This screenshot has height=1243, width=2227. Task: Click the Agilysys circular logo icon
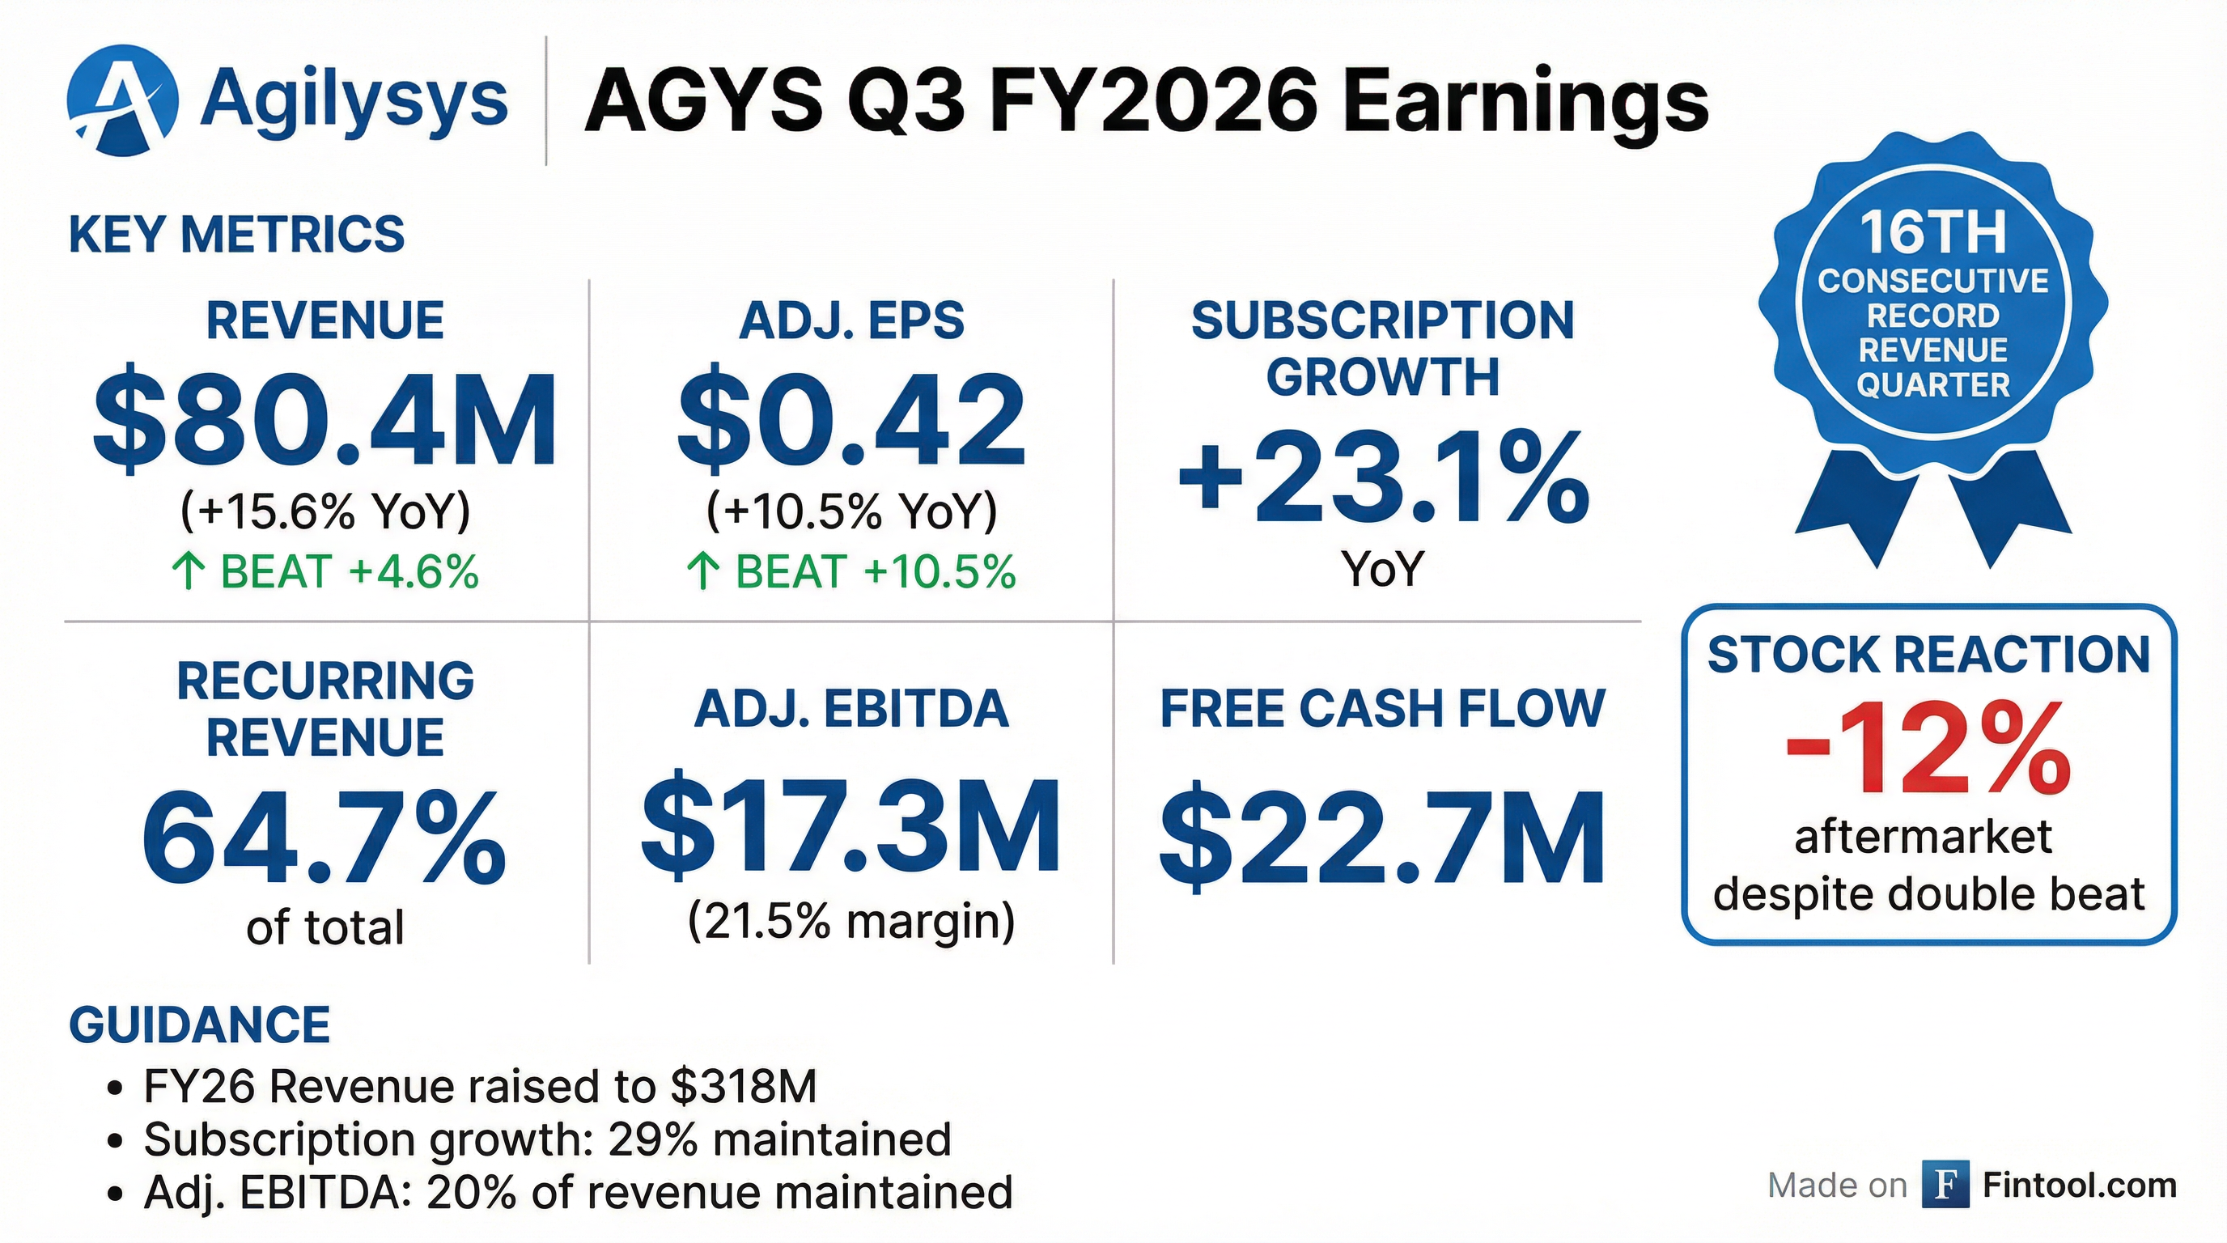click(123, 100)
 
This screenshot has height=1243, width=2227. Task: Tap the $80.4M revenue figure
click(325, 422)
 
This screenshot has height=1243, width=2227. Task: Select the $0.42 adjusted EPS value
click(851, 422)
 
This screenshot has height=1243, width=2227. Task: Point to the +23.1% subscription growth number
click(1382, 478)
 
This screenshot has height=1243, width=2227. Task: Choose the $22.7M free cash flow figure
click(1381, 837)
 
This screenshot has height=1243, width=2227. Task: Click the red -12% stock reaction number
click(1928, 749)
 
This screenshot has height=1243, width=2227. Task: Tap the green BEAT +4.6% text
click(325, 572)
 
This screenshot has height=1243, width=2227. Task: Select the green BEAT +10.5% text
click(851, 572)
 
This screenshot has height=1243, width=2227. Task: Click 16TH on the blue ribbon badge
click(1933, 233)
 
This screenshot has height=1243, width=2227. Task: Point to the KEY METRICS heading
click(236, 234)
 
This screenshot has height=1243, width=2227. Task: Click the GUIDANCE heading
click(199, 1025)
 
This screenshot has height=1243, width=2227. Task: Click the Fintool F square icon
click(1945, 1184)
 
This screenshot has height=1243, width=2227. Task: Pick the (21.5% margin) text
click(851, 922)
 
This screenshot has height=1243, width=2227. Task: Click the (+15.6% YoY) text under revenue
click(325, 511)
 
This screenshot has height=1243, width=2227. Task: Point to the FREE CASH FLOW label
click(1381, 709)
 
